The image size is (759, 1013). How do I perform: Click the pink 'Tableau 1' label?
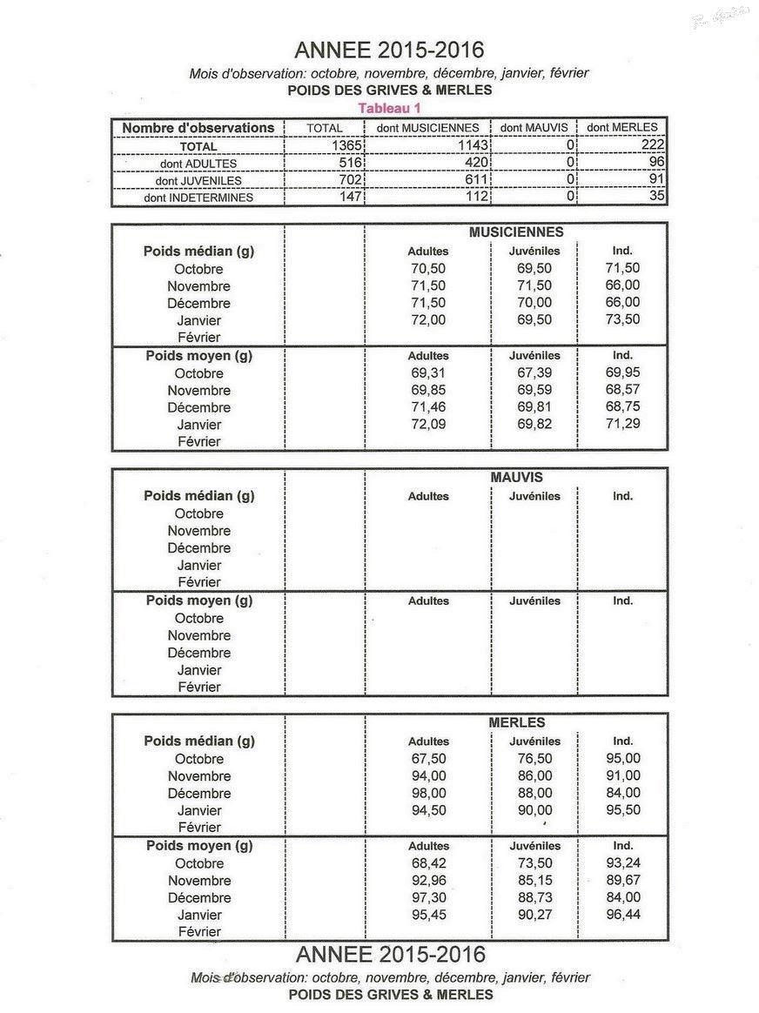coord(389,108)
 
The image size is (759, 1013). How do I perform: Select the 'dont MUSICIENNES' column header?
coord(427,128)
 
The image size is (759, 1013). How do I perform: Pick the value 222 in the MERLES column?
coord(652,145)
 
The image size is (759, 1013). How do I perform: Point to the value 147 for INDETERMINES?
coord(349,198)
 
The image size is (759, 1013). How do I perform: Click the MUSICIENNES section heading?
coord(515,232)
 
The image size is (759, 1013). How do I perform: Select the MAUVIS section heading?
coord(516,478)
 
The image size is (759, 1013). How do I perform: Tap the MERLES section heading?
coord(516,722)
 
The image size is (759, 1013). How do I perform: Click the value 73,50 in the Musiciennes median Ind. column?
coord(622,319)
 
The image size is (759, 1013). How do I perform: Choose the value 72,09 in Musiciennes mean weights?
coord(428,425)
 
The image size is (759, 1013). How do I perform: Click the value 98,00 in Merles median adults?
coord(428,793)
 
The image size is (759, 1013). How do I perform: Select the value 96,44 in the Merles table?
coord(622,915)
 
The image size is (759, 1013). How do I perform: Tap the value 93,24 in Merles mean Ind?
coord(622,863)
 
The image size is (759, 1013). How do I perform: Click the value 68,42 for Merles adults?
coord(428,863)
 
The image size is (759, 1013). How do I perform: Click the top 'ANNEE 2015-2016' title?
coord(389,50)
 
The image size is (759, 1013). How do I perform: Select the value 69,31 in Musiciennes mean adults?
coord(428,373)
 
